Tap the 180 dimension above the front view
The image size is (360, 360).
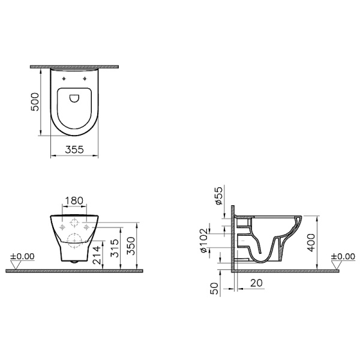point(74,200)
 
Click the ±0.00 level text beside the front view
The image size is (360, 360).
point(23,256)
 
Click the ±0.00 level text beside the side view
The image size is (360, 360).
point(343,256)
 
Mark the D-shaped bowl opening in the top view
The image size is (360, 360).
point(74,98)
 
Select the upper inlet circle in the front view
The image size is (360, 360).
point(74,223)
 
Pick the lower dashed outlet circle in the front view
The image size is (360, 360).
point(74,242)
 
